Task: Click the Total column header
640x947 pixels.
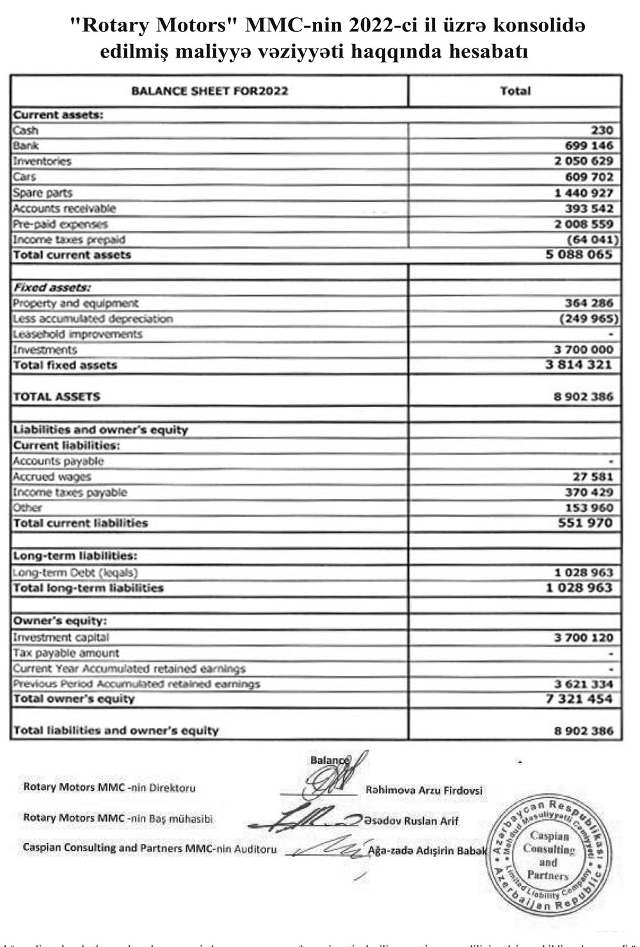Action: pyautogui.click(x=515, y=91)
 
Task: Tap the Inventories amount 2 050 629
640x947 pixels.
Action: pyautogui.click(x=584, y=161)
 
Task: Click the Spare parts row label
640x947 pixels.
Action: pyautogui.click(x=43, y=193)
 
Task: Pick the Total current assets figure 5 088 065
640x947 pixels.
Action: pyautogui.click(x=579, y=255)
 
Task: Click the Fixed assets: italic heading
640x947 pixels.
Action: pyautogui.click(x=52, y=287)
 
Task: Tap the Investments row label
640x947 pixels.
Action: pyautogui.click(x=45, y=350)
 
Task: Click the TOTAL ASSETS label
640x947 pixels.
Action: pyautogui.click(x=57, y=396)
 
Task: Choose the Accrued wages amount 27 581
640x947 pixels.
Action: pyautogui.click(x=593, y=476)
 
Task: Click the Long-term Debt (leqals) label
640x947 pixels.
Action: pyautogui.click(x=76, y=572)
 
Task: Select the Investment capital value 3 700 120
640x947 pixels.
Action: pyautogui.click(x=584, y=638)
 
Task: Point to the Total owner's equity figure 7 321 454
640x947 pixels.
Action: pyautogui.click(x=579, y=699)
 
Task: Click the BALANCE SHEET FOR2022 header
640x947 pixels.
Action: pyautogui.click(x=209, y=91)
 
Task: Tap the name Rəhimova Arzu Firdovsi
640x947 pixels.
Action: pyautogui.click(x=424, y=791)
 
